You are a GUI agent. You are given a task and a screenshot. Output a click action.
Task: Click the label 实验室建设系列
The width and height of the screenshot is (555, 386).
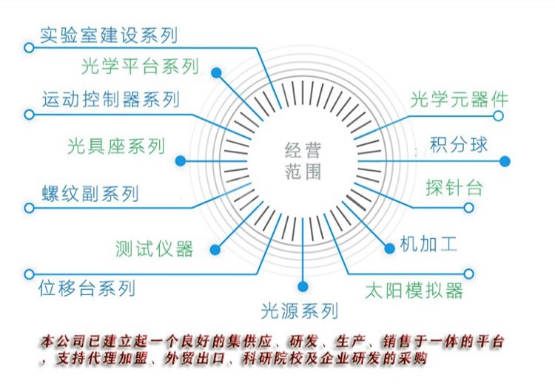[109, 35]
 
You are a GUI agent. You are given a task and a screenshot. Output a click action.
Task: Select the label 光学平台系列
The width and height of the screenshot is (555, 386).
[140, 67]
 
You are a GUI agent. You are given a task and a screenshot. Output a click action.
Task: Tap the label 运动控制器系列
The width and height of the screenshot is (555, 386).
[111, 98]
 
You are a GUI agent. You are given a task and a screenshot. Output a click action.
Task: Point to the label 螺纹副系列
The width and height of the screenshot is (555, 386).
[90, 193]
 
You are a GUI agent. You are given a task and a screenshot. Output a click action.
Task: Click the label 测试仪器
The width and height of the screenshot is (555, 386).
[154, 248]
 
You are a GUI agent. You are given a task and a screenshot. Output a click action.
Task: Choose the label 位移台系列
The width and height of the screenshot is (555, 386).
[87, 287]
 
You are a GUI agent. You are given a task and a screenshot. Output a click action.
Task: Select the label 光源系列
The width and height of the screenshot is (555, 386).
[300, 310]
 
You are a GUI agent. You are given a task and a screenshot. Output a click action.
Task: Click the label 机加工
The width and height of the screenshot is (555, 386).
[428, 243]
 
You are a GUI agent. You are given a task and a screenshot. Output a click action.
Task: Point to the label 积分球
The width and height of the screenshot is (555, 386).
[459, 144]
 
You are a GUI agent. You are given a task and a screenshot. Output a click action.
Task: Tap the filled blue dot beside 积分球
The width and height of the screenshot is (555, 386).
[505, 161]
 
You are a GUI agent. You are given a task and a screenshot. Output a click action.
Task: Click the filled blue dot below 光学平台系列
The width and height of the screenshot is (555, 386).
[217, 72]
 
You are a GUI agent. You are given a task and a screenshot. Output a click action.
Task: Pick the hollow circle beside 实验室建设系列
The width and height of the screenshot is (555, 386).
[29, 47]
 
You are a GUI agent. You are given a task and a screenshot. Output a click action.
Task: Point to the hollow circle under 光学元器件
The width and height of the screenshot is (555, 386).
[499, 116]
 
